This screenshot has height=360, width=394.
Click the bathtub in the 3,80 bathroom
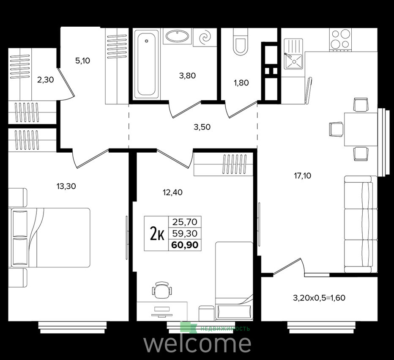[147, 64]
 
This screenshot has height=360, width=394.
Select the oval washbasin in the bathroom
[178, 37]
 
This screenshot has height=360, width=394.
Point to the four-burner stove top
[340, 40]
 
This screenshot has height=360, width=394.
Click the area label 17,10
[303, 176]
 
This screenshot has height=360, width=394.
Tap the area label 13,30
[66, 186]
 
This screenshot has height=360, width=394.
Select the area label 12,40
[172, 192]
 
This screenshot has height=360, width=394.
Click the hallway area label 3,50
[202, 127]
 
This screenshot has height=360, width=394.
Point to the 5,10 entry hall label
[83, 60]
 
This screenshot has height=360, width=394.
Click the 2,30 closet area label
[46, 80]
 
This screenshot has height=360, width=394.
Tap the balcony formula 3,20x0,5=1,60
[319, 298]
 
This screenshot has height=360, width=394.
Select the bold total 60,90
[185, 245]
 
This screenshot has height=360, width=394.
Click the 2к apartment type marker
[157, 234]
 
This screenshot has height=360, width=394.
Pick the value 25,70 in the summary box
[185, 222]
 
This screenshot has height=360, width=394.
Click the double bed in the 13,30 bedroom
[49, 238]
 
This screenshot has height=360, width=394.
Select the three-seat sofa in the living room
[361, 224]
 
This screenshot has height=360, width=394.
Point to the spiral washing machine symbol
[205, 37]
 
